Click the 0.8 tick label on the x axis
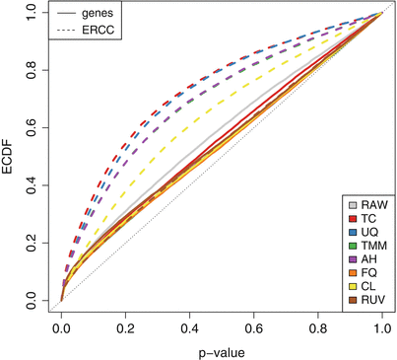317,326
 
